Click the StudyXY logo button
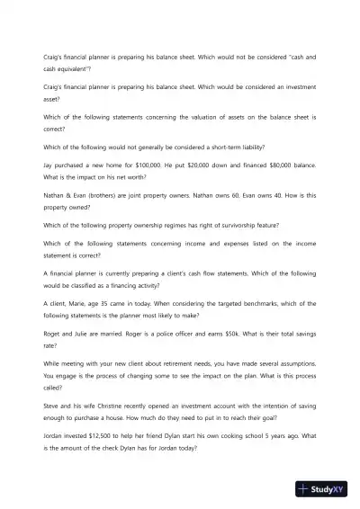click(328, 489)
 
